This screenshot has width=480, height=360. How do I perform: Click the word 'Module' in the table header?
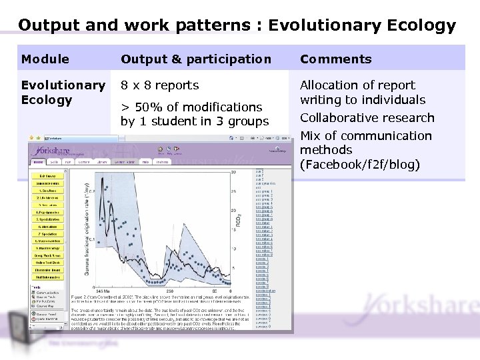(45, 59)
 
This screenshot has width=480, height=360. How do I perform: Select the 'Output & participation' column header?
(196, 59)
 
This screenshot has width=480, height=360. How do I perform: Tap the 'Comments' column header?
(335, 59)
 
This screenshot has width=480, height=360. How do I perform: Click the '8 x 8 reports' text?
(159, 85)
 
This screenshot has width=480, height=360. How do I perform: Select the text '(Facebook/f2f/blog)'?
(359, 165)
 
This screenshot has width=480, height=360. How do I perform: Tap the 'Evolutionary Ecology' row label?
(63, 93)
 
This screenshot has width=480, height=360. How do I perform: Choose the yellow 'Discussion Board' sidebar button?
(49, 269)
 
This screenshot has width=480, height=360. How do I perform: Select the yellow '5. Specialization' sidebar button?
(49, 219)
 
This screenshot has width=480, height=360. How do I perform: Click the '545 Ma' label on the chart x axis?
(103, 291)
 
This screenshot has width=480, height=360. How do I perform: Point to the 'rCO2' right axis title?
(239, 220)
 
